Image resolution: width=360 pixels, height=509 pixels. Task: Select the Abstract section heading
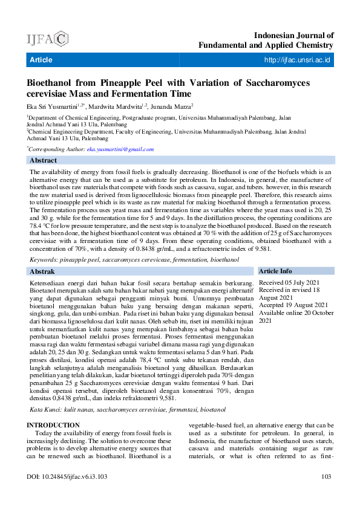[44, 160]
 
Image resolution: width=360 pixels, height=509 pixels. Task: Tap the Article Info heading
[275, 271]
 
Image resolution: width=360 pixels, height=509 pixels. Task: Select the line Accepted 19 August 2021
[293, 305]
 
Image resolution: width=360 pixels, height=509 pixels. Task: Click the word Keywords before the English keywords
[47, 259]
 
